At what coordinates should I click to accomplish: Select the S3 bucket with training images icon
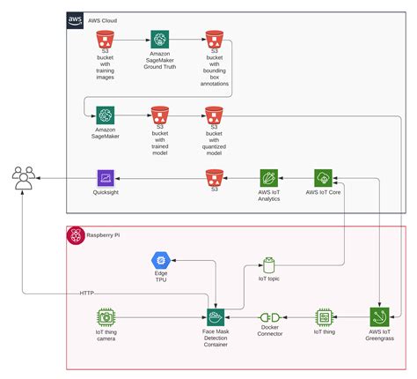[106, 40]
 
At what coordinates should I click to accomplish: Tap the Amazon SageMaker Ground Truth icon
[159, 40]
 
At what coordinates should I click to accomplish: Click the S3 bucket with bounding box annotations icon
[213, 40]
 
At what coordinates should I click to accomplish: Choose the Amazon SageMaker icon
[106, 115]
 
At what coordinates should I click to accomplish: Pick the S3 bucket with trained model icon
[159, 115]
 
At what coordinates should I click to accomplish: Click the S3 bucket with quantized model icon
[213, 115]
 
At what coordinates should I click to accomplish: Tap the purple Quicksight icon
[106, 179]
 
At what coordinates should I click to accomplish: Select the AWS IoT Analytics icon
[269, 179]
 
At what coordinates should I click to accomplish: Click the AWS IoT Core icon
[324, 179]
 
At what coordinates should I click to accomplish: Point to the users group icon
[23, 181]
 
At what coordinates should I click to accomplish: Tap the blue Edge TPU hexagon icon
[160, 260]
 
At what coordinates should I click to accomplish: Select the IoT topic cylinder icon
[269, 265]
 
